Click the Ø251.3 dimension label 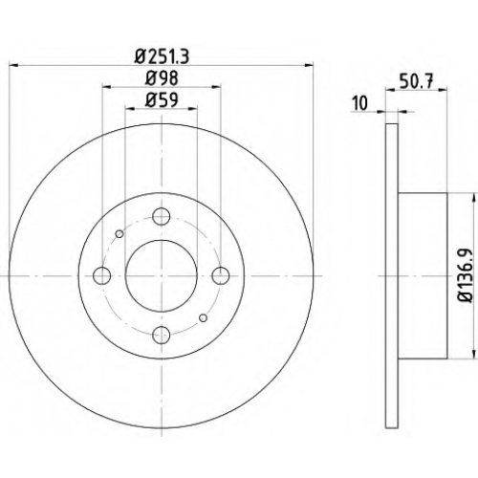point(162,56)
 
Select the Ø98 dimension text point(162,78)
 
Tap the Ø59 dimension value point(162,100)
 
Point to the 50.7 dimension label point(417,81)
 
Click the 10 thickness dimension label point(360,103)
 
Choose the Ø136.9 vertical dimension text point(464,275)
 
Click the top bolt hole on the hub point(162,216)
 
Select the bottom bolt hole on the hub point(162,335)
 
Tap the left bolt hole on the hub point(102,275)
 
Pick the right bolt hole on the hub point(221,275)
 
